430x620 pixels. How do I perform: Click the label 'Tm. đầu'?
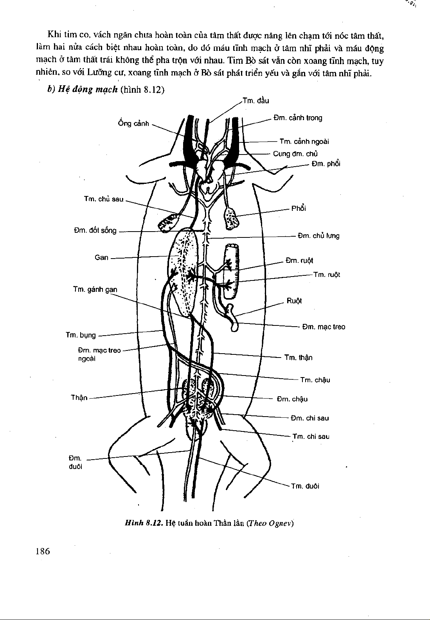(255, 101)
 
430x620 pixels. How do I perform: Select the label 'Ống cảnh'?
(133, 123)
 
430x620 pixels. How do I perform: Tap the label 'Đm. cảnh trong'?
(298, 118)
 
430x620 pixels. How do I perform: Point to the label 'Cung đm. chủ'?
(295, 154)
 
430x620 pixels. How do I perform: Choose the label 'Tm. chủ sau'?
(104, 199)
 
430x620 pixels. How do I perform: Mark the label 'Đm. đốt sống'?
(95, 230)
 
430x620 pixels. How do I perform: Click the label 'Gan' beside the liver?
(101, 257)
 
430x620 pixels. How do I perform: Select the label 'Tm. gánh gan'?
(95, 289)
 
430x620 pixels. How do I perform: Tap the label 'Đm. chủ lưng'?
(318, 236)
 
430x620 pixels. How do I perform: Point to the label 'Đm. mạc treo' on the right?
(324, 327)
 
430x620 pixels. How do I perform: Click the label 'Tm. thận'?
(298, 358)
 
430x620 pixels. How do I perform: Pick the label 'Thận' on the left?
(79, 398)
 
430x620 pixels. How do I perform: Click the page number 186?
(43, 552)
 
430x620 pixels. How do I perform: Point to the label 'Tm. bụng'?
(81, 335)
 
